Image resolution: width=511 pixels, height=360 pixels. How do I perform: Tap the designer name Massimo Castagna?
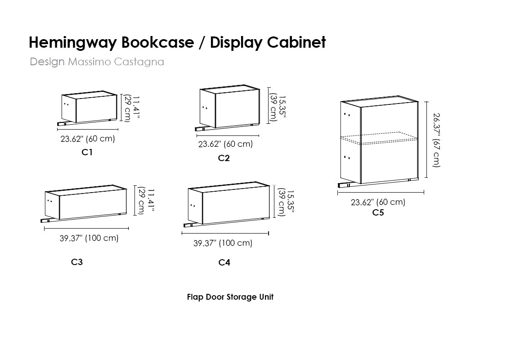[116, 62]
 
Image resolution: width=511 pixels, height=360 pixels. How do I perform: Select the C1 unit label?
[87, 152]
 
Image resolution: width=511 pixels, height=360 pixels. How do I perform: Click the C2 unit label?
[224, 158]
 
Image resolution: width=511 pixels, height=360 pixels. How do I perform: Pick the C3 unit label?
[77, 262]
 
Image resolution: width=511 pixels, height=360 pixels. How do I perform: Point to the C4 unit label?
[224, 262]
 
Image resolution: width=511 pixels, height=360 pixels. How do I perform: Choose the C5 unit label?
[378, 213]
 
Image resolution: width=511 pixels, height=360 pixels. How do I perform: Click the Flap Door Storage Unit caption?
[230, 297]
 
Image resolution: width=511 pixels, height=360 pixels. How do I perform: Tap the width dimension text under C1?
[88, 139]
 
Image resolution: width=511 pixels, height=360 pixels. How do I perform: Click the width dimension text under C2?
[225, 144]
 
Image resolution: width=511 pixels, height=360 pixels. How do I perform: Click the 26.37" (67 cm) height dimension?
[437, 139]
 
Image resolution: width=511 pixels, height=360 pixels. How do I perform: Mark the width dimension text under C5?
[378, 202]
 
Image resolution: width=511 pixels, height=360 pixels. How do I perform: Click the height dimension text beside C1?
[131, 108]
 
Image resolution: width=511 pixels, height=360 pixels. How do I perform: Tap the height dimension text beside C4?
[282, 202]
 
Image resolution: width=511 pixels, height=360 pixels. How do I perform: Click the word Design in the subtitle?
[47, 62]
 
